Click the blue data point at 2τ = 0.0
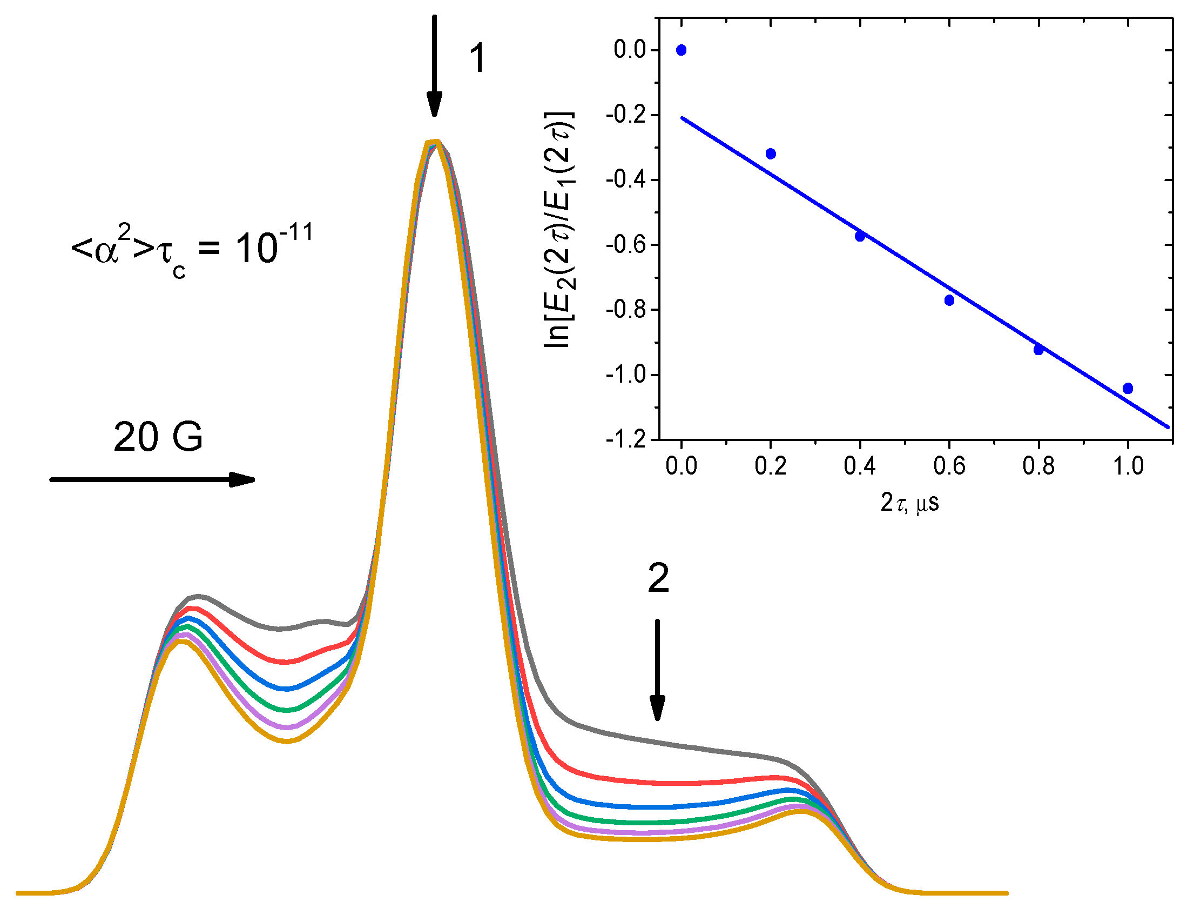[x=682, y=50]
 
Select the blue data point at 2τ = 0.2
[x=771, y=154]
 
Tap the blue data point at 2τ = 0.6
[x=949, y=301]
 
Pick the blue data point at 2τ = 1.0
[x=1128, y=389]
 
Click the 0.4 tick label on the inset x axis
[x=860, y=466]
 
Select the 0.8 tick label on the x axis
[x=1038, y=466]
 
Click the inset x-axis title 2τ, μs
[x=910, y=503]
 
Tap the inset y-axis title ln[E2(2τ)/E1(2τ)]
[x=559, y=230]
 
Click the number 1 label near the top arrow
[x=477, y=58]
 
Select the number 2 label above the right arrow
[x=658, y=579]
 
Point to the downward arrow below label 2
[x=657, y=670]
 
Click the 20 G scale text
[x=158, y=437]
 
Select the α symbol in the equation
[x=106, y=251]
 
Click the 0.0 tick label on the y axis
[x=630, y=50]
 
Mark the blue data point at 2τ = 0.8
[x=1038, y=350]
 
